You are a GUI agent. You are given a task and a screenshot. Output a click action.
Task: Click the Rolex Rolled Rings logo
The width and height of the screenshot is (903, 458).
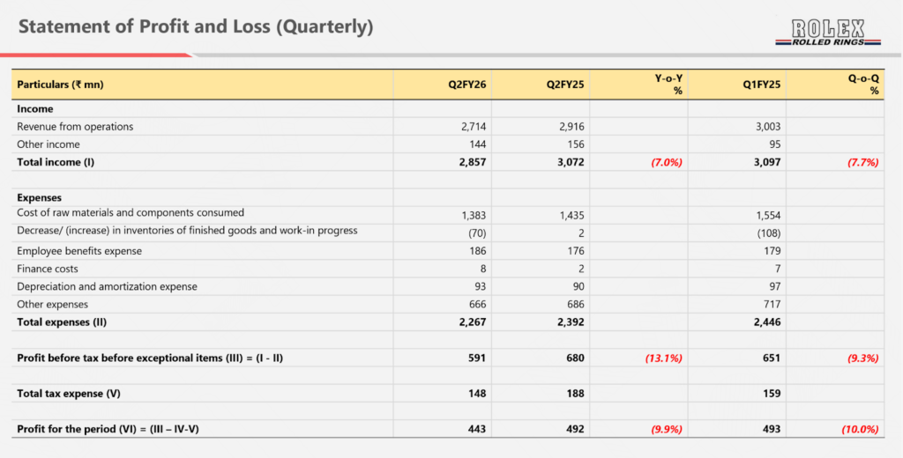(828, 33)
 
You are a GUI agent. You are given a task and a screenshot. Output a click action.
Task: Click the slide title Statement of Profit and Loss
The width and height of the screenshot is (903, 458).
(195, 27)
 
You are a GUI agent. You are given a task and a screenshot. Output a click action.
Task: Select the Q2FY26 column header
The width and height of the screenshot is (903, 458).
(467, 85)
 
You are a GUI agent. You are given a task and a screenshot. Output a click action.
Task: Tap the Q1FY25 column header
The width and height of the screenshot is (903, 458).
(761, 85)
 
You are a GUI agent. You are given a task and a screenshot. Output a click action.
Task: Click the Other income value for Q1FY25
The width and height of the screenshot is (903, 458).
(771, 144)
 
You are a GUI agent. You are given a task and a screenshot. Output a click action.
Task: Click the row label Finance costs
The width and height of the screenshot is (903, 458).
(48, 269)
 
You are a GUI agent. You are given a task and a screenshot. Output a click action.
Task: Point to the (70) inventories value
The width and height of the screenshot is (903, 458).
(474, 233)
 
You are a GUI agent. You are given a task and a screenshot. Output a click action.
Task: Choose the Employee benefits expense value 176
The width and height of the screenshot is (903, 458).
(574, 251)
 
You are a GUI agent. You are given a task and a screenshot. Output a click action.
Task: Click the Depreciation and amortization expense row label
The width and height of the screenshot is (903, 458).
(107, 286)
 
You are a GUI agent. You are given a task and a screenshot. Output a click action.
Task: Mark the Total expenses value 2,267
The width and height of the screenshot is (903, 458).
(468, 322)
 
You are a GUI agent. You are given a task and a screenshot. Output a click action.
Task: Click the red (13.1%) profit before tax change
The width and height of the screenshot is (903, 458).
(662, 358)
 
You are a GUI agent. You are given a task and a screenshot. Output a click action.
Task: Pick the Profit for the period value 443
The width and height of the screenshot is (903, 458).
(474, 430)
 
